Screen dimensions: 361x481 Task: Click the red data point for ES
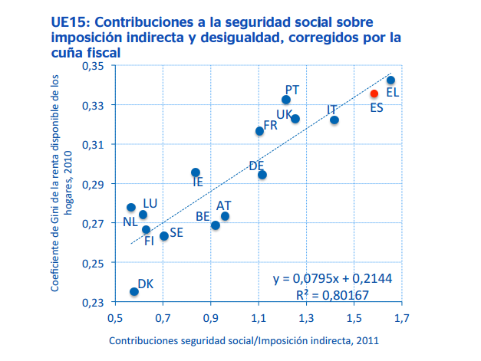(x=374, y=94)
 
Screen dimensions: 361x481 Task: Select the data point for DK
(x=134, y=291)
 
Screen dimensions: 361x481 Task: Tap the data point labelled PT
(x=286, y=100)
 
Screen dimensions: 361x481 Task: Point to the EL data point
(x=390, y=80)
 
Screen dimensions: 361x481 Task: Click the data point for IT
(x=334, y=120)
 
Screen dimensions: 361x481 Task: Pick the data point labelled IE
(x=196, y=172)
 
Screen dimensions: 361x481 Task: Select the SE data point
(x=164, y=236)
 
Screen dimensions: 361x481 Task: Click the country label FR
(x=270, y=125)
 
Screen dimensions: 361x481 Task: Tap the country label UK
(x=283, y=115)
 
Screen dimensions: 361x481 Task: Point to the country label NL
(x=130, y=222)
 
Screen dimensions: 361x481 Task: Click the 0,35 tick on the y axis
(x=91, y=66)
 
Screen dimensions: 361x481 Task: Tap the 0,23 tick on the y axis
(x=91, y=302)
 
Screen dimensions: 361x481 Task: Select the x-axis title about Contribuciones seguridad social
(x=244, y=340)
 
